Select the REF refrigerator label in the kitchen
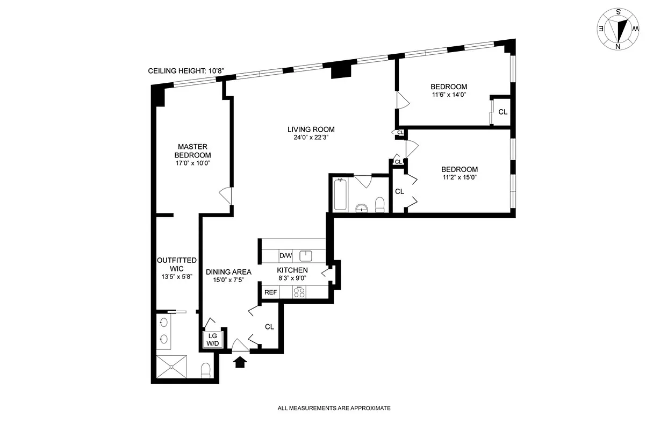tap(271, 292)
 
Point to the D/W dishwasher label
tap(285, 255)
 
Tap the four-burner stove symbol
tap(299, 292)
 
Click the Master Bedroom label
tap(193, 150)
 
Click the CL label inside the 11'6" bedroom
tap(503, 112)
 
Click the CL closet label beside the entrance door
tap(269, 326)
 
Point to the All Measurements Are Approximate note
tap(334, 408)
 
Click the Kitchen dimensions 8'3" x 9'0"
tap(292, 278)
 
